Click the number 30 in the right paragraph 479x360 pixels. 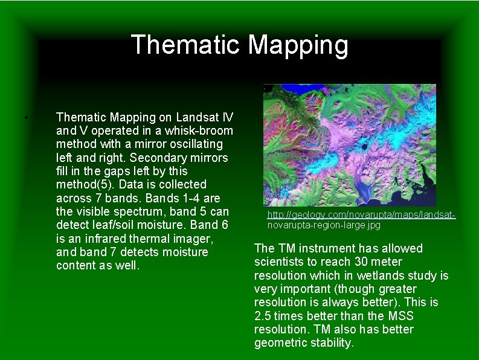pyautogui.click(x=367, y=262)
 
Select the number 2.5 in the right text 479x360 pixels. pyautogui.click(x=265, y=316)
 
